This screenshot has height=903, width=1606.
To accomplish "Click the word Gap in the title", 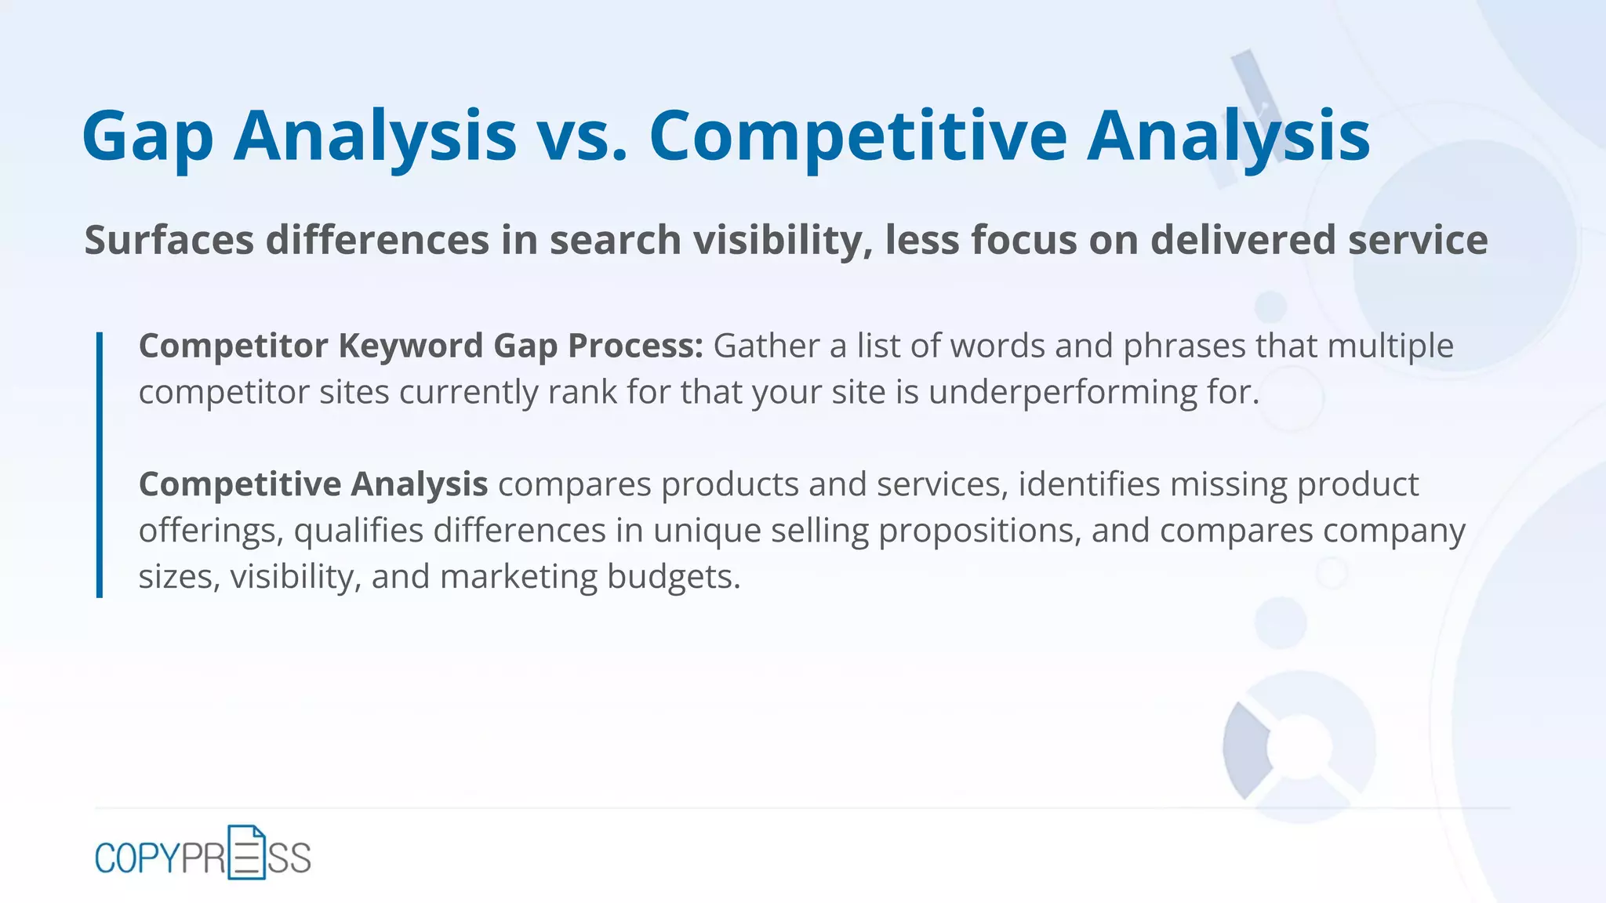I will (x=147, y=137).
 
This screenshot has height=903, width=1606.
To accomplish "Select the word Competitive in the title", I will (x=858, y=137).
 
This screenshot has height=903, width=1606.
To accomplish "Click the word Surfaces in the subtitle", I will (x=169, y=240).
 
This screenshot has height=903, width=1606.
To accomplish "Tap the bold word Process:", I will (x=635, y=346).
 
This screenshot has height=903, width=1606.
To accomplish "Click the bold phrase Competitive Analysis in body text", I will (x=313, y=484).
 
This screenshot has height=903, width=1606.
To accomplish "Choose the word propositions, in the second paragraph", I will (x=979, y=531).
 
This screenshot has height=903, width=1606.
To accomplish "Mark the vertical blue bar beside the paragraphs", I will (x=100, y=465).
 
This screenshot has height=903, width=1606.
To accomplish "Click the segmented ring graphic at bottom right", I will (x=1299, y=746).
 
